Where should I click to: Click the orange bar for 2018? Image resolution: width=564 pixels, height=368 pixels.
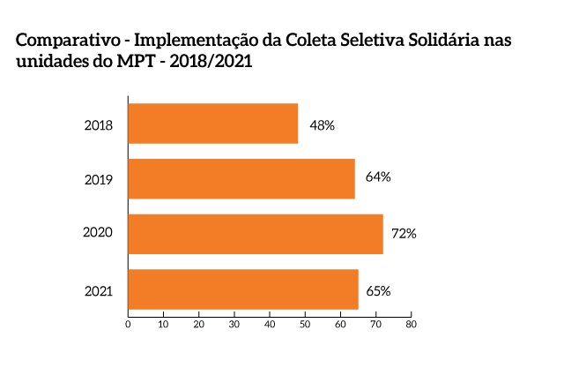point(213,124)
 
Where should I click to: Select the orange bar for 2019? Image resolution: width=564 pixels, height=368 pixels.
point(241,178)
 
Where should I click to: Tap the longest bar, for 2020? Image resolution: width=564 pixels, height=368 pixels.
point(256,234)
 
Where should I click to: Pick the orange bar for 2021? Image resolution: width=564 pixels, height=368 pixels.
point(243,289)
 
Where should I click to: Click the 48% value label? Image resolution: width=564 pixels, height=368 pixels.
point(322,125)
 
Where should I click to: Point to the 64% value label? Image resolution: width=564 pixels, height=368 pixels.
point(377,176)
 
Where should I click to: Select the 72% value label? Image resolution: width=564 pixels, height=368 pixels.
point(404,234)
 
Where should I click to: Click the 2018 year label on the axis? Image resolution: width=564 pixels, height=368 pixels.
point(98,125)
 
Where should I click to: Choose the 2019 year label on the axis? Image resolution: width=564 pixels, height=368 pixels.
point(98,180)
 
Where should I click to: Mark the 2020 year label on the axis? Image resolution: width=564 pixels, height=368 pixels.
point(97,234)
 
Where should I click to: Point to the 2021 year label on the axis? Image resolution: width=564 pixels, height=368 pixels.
point(98,289)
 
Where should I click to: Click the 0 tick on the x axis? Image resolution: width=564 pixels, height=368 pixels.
point(129,324)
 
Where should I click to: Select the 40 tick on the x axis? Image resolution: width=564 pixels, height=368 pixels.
point(270,324)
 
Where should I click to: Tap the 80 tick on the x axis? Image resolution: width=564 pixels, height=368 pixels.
point(411,324)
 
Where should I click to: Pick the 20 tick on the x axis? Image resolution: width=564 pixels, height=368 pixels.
point(199,324)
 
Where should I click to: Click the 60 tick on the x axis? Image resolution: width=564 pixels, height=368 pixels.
point(340,324)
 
